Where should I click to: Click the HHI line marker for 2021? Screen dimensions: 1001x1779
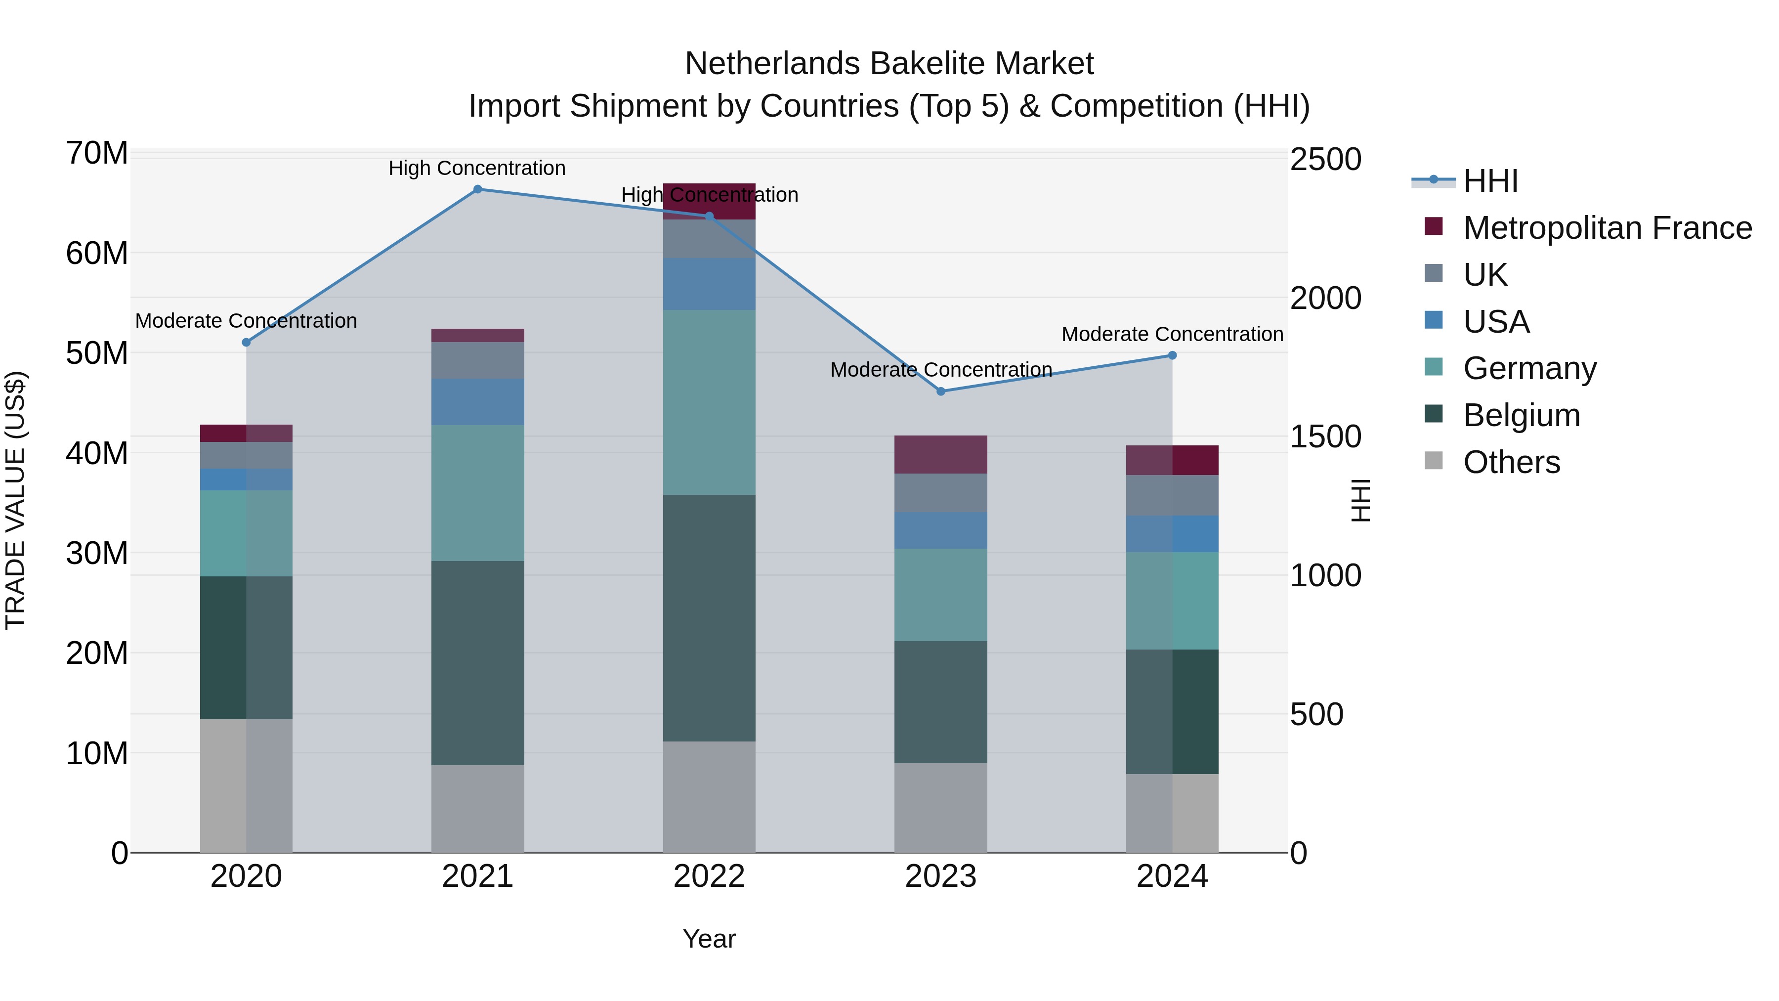click(477, 189)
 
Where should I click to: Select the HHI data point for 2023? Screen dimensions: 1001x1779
click(940, 392)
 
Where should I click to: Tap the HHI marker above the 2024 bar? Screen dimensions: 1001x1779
click(1172, 356)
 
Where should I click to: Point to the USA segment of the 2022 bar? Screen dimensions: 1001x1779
click(709, 284)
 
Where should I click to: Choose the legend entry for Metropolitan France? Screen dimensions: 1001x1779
click(1607, 228)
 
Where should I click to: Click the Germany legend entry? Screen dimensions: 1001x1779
click(1529, 368)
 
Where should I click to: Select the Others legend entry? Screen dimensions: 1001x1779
click(1511, 462)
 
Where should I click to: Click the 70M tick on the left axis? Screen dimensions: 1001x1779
click(97, 153)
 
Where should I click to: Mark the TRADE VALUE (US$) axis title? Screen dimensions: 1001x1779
click(15, 500)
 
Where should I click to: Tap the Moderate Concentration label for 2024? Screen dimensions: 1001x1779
click(1172, 334)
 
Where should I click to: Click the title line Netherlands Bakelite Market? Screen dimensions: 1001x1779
click(889, 64)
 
